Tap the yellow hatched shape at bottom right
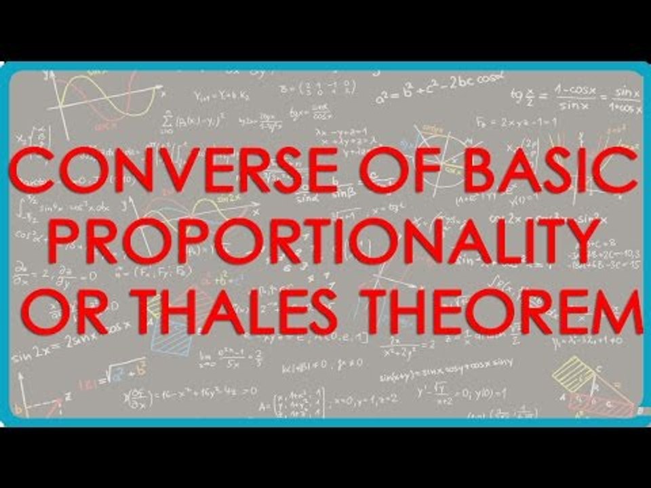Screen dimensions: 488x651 click(573, 371)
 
